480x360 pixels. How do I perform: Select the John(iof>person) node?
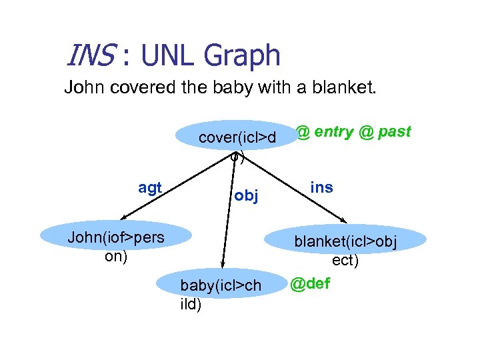[x=116, y=238]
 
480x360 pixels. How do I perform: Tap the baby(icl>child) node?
[x=221, y=285]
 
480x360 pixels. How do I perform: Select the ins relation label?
[x=321, y=187]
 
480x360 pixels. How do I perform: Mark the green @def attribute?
[x=310, y=285]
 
